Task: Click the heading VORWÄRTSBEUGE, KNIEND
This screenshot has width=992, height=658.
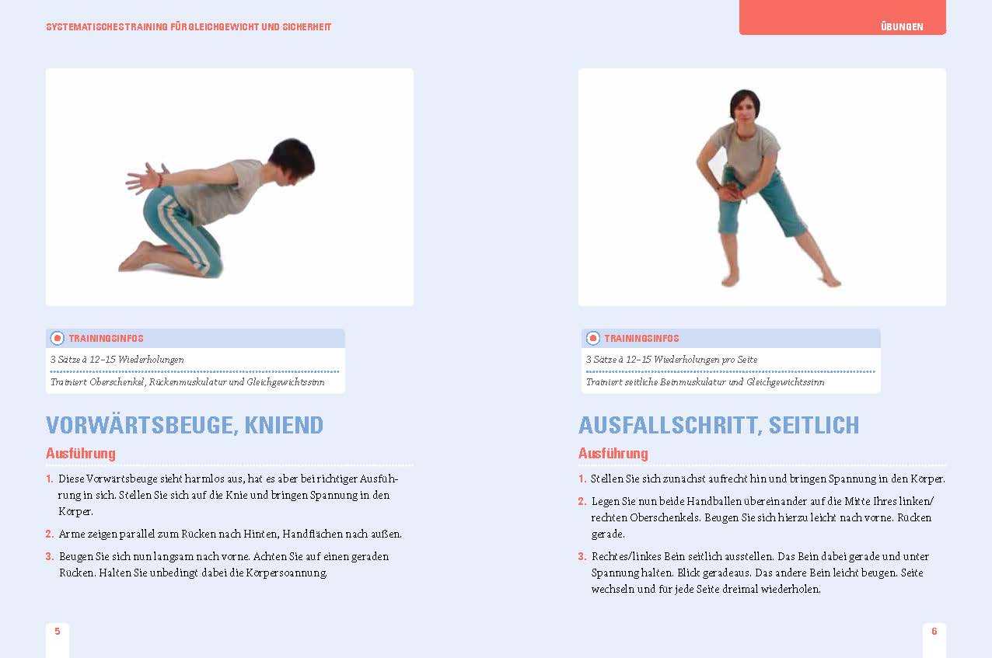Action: tap(185, 425)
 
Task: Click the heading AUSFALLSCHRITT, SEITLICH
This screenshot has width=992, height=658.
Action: tap(718, 425)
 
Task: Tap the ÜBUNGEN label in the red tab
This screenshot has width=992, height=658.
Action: tap(902, 26)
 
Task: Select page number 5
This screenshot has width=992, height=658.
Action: tap(57, 631)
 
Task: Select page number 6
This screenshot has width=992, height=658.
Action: tap(934, 631)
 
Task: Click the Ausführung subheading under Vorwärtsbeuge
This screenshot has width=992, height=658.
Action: tap(81, 454)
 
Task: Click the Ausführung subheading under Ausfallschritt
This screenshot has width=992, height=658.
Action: tap(613, 454)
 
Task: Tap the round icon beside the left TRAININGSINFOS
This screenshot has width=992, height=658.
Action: tap(57, 338)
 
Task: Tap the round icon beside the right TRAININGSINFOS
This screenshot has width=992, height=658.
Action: tap(593, 338)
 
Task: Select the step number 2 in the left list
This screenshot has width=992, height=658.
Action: tap(49, 534)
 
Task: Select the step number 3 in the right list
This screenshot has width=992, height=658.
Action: tap(582, 557)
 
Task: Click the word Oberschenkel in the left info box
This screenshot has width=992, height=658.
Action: tap(117, 382)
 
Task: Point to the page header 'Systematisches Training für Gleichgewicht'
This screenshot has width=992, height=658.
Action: tap(188, 26)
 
